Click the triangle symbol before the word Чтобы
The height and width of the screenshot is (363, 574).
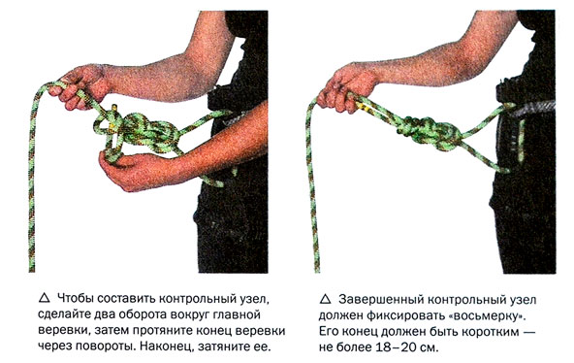click(44, 298)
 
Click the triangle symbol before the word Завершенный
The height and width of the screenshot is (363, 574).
click(325, 299)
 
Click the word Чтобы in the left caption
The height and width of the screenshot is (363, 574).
click(75, 299)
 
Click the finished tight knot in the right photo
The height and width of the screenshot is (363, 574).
click(428, 132)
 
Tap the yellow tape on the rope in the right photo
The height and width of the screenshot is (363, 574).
click(365, 106)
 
